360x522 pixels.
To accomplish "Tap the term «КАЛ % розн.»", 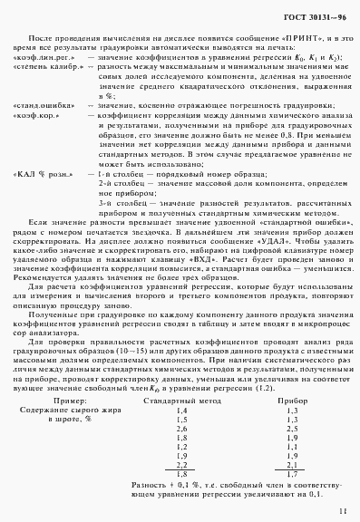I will coord(42,173).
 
